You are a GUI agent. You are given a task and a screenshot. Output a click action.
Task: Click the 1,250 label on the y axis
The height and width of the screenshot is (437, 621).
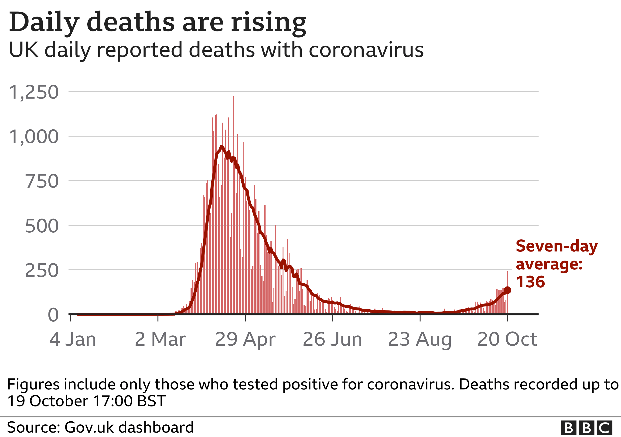coord(34,93)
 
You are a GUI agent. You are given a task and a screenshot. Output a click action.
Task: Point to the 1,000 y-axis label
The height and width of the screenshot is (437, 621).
coord(34,137)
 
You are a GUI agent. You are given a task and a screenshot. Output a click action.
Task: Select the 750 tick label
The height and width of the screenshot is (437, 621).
coord(42,181)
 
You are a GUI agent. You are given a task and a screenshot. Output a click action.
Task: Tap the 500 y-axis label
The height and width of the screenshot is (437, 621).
coord(42,226)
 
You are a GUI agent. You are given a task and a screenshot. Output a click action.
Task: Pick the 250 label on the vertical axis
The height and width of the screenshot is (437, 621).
coord(42,271)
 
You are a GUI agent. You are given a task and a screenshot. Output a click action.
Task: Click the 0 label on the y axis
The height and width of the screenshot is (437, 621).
coord(53,315)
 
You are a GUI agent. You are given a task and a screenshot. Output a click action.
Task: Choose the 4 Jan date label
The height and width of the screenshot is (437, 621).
coord(72,339)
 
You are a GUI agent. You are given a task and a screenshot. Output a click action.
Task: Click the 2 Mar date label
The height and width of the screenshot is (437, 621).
coord(160,339)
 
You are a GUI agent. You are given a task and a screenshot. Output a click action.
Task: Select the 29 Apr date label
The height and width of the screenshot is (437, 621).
coord(245,339)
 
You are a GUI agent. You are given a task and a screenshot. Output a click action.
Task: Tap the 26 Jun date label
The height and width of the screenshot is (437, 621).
coord(332,339)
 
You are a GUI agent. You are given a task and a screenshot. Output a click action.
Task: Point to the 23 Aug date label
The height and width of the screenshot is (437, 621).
coord(420,339)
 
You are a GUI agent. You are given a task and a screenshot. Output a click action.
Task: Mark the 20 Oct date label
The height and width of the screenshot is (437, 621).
coord(507,339)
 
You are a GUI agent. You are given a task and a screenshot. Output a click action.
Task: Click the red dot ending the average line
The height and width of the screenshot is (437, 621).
coord(507,290)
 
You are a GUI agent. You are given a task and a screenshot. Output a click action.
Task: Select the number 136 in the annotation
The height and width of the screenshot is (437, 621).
coord(530,282)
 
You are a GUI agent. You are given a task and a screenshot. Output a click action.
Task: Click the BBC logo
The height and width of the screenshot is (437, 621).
coord(586,428)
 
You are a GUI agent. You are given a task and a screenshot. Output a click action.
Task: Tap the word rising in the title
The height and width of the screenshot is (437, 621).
coord(268,22)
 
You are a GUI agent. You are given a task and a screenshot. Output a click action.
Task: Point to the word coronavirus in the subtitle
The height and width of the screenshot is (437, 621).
coord(366,50)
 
